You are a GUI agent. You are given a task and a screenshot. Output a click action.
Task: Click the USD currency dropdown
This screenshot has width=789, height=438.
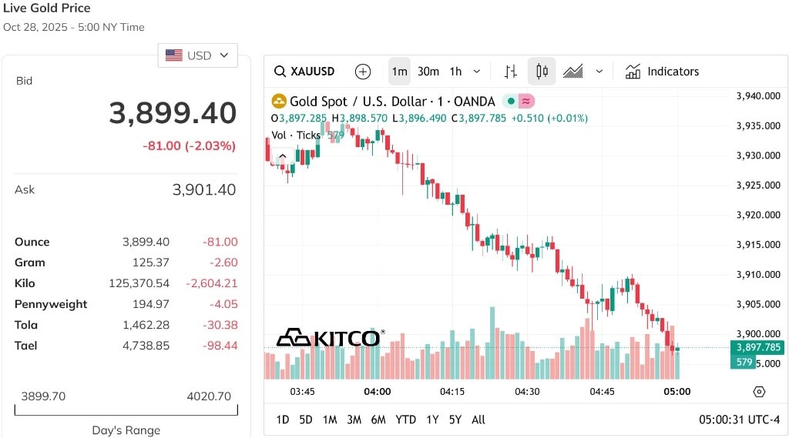pyautogui.click(x=198, y=55)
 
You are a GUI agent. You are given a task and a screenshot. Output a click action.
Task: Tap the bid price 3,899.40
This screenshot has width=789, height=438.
pyautogui.click(x=173, y=112)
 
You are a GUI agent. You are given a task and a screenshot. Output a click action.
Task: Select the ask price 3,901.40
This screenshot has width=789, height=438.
pyautogui.click(x=203, y=189)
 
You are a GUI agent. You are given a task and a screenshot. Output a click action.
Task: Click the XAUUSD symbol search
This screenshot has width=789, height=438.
pyautogui.click(x=304, y=72)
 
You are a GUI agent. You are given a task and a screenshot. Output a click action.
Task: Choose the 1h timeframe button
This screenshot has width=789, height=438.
pyautogui.click(x=456, y=72)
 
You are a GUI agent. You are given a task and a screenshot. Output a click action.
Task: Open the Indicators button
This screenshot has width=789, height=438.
pyautogui.click(x=662, y=72)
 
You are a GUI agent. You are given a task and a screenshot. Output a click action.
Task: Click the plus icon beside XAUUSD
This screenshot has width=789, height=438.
pyautogui.click(x=363, y=72)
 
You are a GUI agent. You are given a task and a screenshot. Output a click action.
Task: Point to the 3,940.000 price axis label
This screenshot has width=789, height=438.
pyautogui.click(x=758, y=96)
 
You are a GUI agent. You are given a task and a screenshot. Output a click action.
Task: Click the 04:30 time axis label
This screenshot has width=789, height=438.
pyautogui.click(x=527, y=392)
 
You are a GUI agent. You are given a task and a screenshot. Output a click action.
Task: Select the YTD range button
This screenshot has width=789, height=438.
pyautogui.click(x=405, y=420)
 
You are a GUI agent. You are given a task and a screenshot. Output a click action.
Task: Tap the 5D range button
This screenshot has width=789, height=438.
pyautogui.click(x=306, y=420)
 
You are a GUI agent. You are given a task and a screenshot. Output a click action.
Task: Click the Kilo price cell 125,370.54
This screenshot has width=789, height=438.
pyautogui.click(x=139, y=283)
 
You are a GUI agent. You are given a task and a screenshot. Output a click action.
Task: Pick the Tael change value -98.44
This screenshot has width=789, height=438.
pyautogui.click(x=220, y=346)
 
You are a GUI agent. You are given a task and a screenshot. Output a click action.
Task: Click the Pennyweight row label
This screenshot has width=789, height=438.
pyautogui.click(x=51, y=304)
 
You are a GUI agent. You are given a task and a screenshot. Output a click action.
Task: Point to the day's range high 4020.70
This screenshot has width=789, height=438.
pyautogui.click(x=209, y=396)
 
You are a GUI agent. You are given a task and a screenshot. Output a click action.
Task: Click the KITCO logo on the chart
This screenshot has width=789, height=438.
pyautogui.click(x=331, y=337)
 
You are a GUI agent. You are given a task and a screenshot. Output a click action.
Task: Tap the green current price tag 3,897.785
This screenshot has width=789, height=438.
pyautogui.click(x=758, y=347)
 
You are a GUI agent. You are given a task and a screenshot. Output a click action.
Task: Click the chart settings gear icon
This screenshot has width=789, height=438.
pyautogui.click(x=759, y=392)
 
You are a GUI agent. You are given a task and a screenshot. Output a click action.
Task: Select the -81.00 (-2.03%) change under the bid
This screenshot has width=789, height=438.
pyautogui.click(x=190, y=145)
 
